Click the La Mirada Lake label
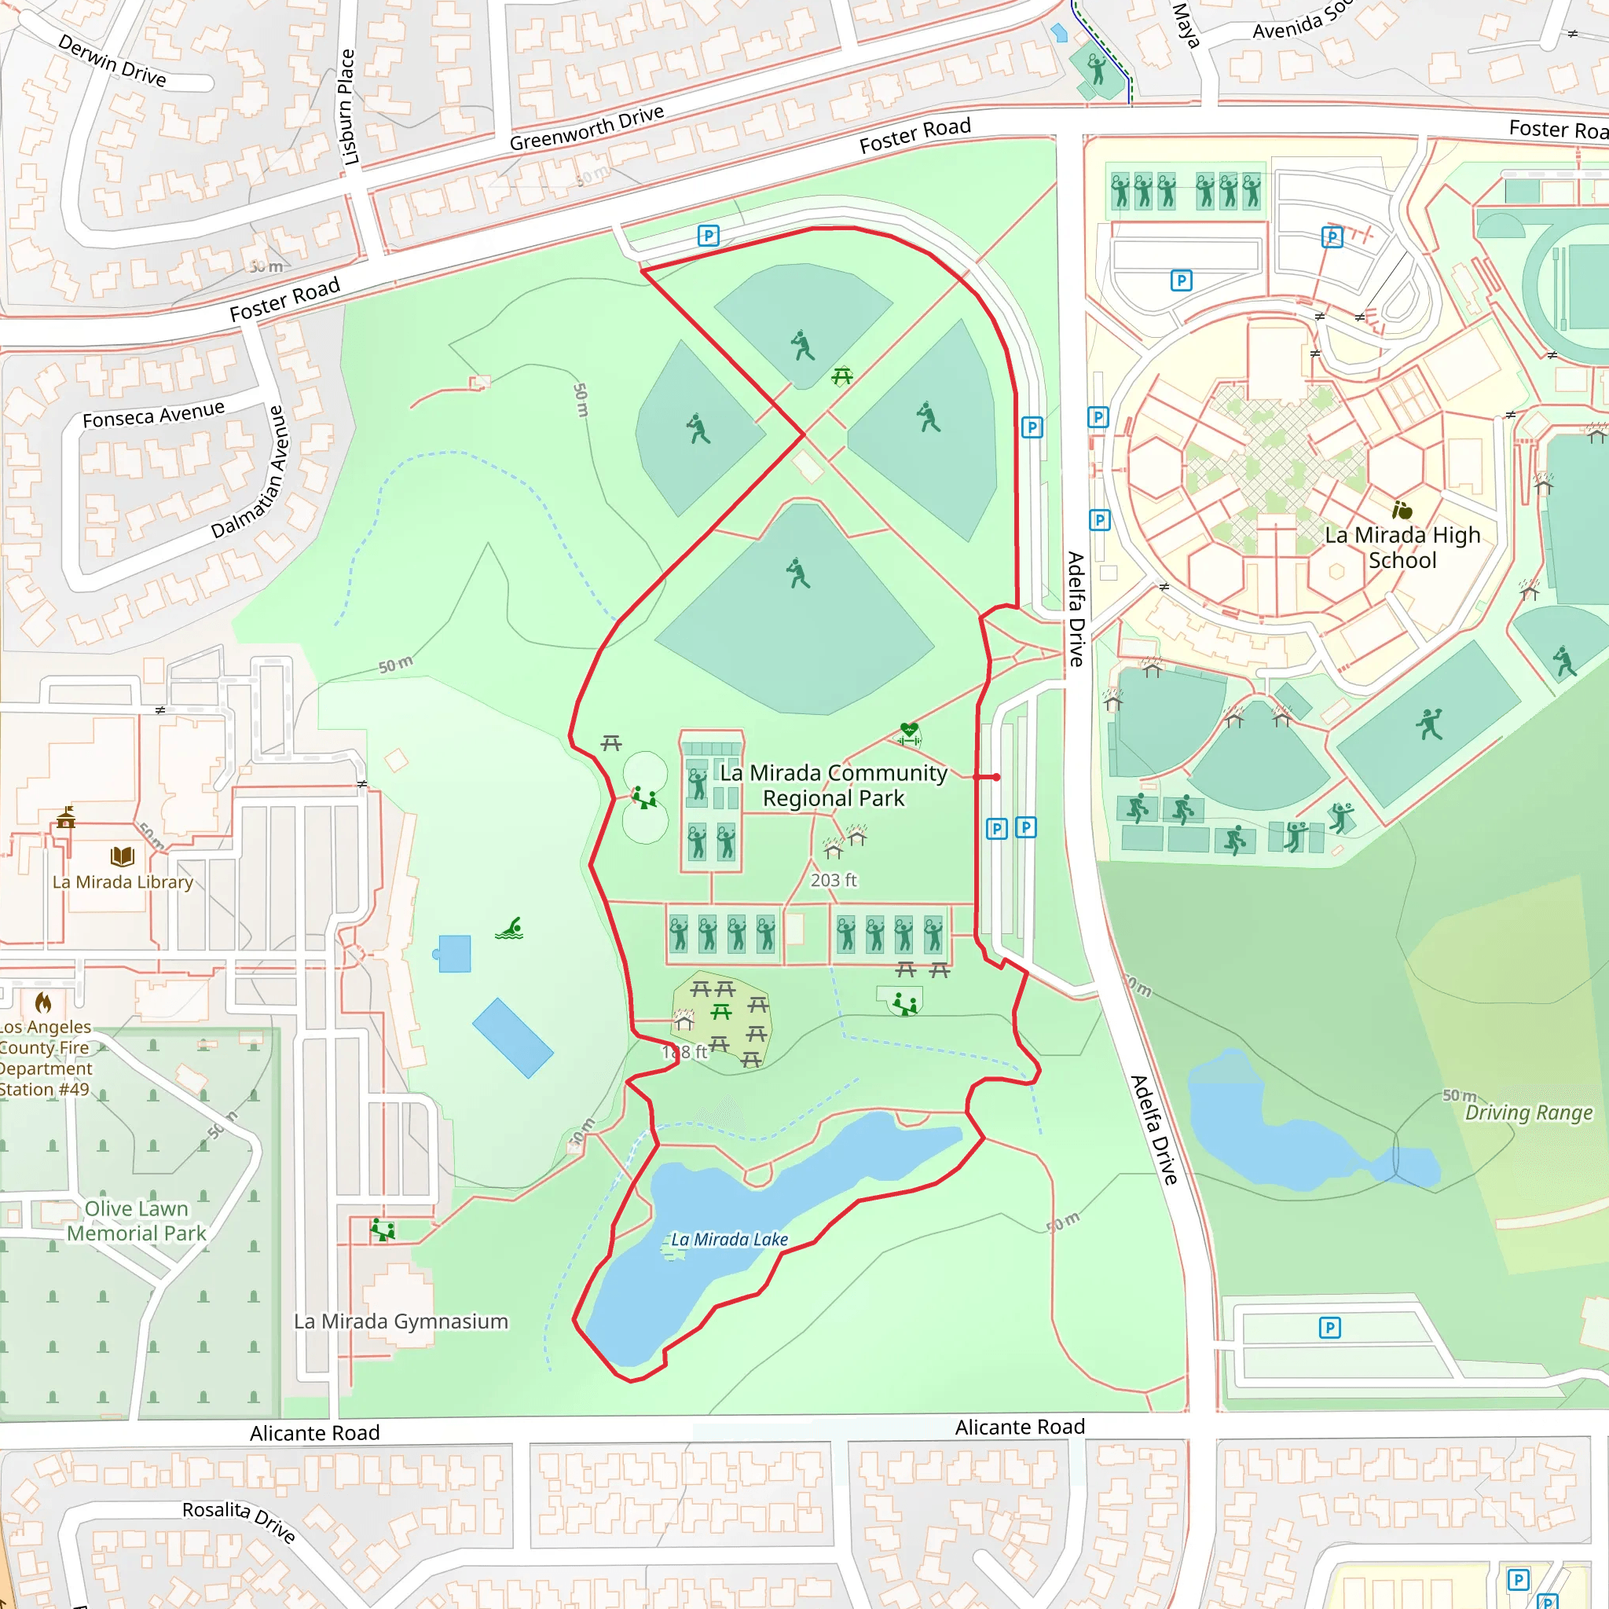pyautogui.click(x=730, y=1239)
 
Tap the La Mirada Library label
pyautogui.click(x=123, y=882)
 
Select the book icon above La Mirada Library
pyautogui.click(x=123, y=856)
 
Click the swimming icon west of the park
pyautogui.click(x=509, y=929)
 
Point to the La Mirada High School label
pyautogui.click(x=1402, y=547)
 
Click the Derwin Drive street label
pyautogui.click(x=112, y=60)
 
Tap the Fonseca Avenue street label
pyautogui.click(x=153, y=414)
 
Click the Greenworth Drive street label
pyautogui.click(x=586, y=128)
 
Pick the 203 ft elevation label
pyautogui.click(x=833, y=880)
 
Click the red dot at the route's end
pyautogui.click(x=996, y=777)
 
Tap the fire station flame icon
pyautogui.click(x=43, y=1002)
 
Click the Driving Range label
pyautogui.click(x=1528, y=1112)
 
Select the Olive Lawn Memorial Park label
pyautogui.click(x=137, y=1221)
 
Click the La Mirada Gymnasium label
pyautogui.click(x=401, y=1321)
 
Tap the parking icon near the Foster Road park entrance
pyautogui.click(x=708, y=236)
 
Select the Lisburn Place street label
pyautogui.click(x=348, y=107)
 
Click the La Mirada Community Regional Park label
pyautogui.click(x=833, y=786)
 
